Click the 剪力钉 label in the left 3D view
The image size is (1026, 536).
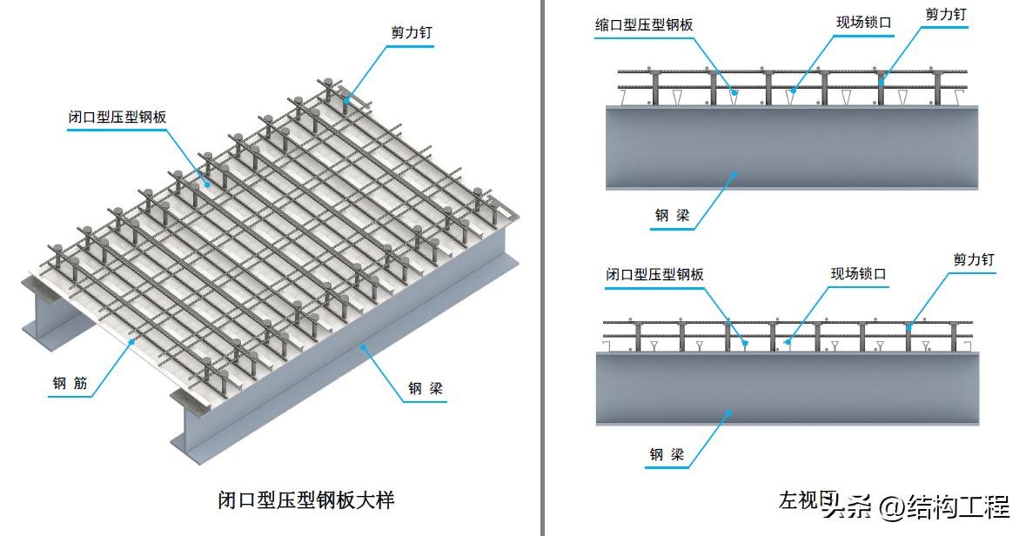pos(412,33)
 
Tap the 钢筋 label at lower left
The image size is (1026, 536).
pos(70,382)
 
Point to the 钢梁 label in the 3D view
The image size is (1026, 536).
pos(426,388)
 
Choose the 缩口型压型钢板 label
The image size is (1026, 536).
pos(644,25)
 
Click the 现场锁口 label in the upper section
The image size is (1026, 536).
pos(864,23)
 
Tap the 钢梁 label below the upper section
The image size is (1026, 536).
pos(672,215)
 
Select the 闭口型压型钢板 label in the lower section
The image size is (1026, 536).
pos(654,274)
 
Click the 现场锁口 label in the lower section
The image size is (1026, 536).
pos(858,274)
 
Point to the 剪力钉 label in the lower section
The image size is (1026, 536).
pos(973,259)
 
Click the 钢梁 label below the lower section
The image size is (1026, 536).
pos(667,454)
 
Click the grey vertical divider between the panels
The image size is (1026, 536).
pos(543,261)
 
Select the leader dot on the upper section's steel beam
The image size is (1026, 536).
pos(734,174)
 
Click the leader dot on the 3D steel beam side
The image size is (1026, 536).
pos(363,346)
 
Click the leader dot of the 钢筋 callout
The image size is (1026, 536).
pos(131,343)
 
